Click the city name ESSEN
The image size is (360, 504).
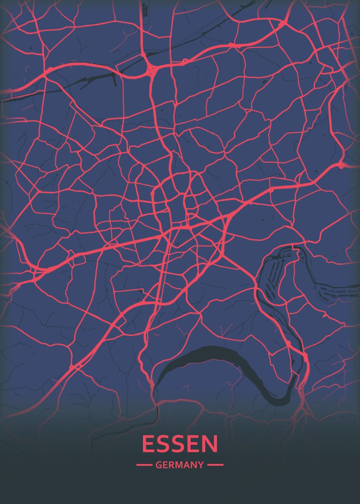coord(180,444)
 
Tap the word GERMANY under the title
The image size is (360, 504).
coord(180,465)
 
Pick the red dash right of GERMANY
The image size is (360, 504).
coord(215,465)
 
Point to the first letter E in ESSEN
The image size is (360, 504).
coord(147,444)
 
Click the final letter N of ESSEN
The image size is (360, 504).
coord(211,444)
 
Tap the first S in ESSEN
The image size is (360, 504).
coord(163,444)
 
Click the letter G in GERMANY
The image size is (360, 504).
coord(158,465)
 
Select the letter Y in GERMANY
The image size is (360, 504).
coord(201,465)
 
